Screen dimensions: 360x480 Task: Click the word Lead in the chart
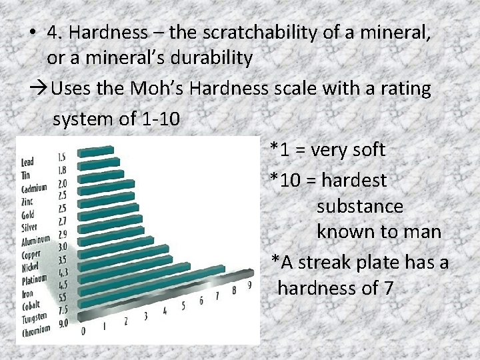pos(27,162)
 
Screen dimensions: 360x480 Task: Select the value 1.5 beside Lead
pos(62,157)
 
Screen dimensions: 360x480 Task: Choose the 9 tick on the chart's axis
pos(249,285)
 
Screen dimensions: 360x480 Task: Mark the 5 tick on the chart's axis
pos(183,306)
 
